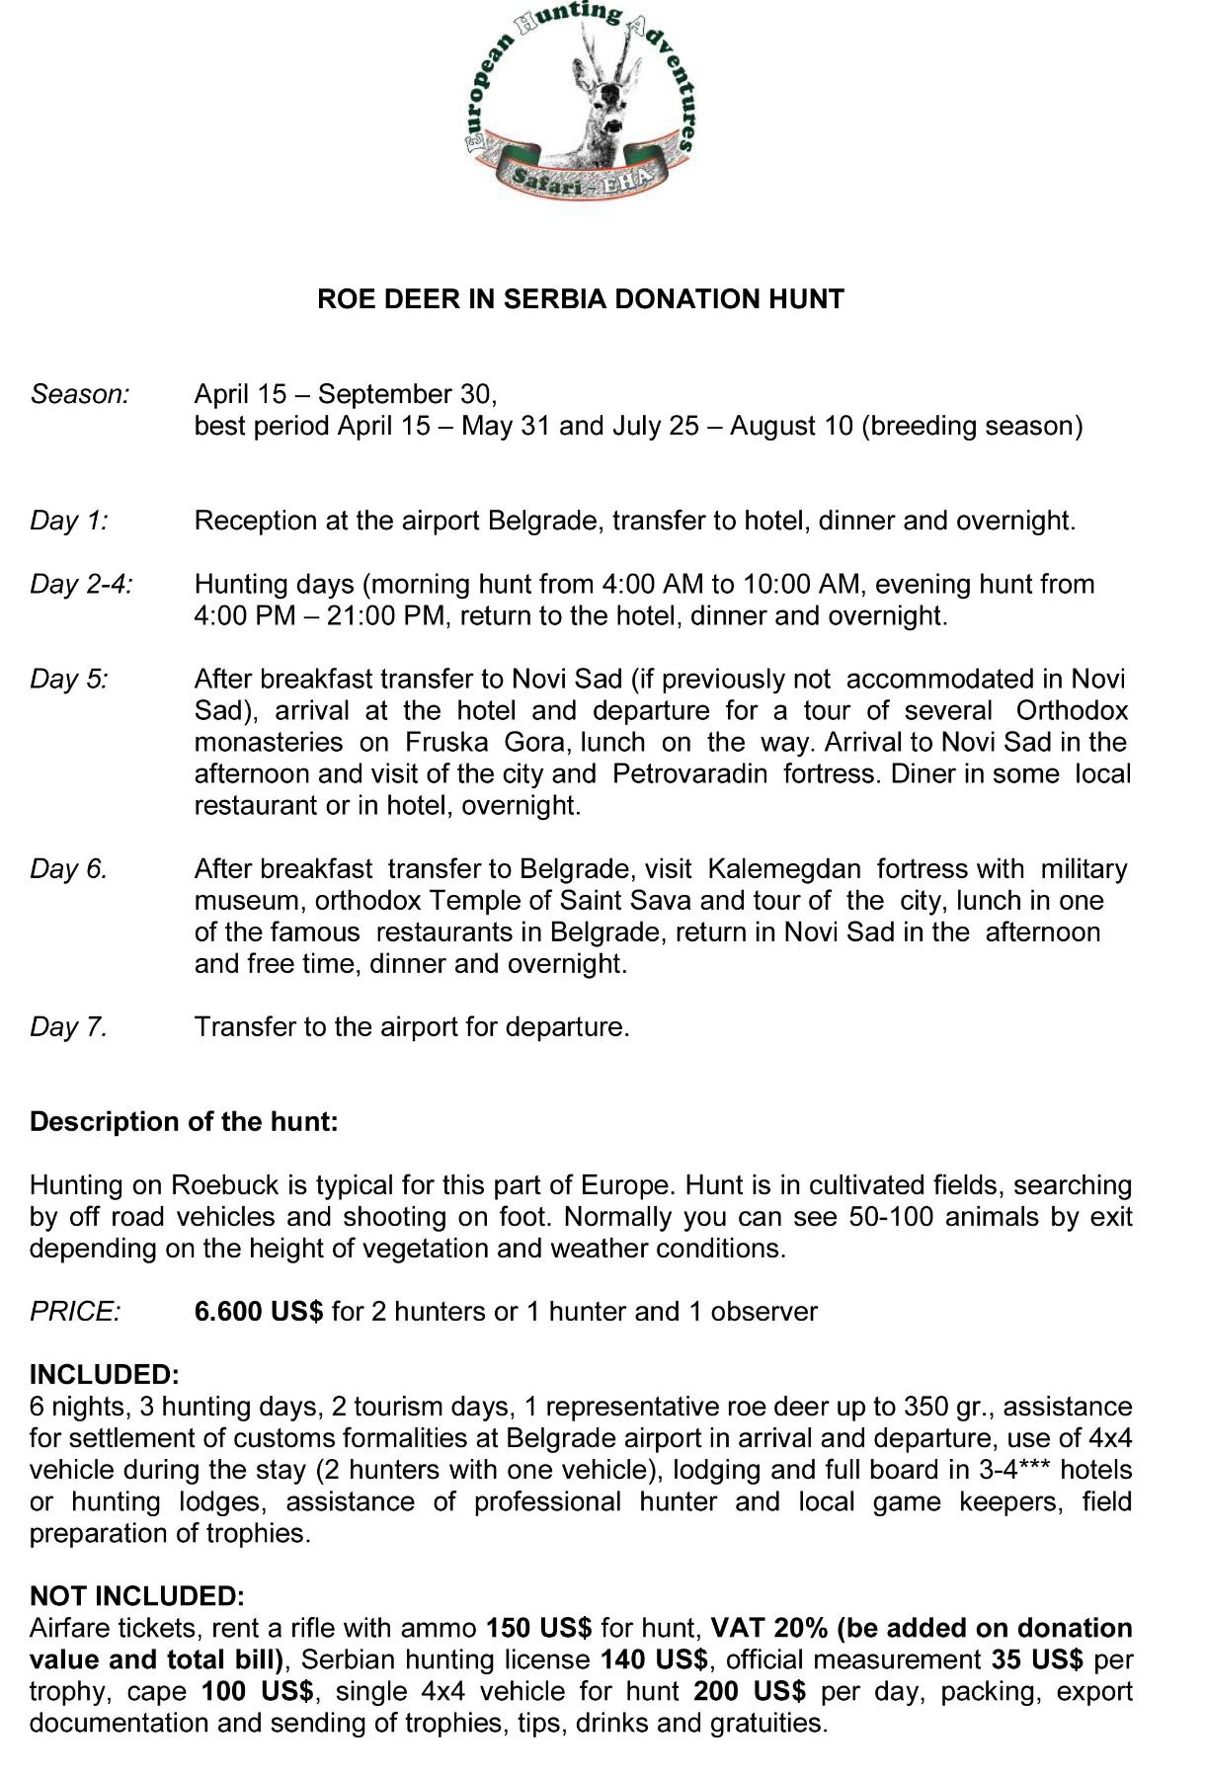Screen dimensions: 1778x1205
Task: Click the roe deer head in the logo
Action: [603, 104]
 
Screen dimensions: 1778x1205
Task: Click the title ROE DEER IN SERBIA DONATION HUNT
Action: [580, 299]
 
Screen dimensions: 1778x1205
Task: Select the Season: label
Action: [80, 394]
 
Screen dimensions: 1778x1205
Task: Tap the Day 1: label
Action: [69, 521]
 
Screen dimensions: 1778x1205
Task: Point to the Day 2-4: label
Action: [81, 584]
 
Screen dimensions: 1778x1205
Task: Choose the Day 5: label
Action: [69, 679]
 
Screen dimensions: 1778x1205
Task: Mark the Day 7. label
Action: [68, 1026]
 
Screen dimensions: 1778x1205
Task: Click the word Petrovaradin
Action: [689, 773]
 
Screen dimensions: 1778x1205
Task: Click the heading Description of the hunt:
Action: [184, 1121]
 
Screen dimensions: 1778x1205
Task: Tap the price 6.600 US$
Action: [259, 1311]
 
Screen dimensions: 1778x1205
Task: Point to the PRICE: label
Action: [75, 1311]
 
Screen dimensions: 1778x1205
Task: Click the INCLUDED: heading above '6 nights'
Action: [105, 1374]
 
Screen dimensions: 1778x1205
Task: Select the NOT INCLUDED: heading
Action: [136, 1595]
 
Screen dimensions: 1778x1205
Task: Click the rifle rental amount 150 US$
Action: [538, 1627]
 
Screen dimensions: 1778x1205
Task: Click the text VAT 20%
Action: [768, 1627]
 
